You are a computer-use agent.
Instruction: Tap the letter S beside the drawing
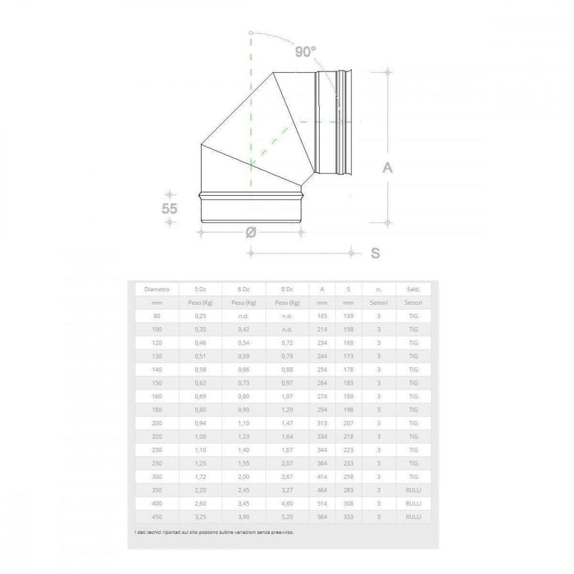point(375,253)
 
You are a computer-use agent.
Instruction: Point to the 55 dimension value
point(169,209)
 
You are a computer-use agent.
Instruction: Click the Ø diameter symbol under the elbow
point(252,232)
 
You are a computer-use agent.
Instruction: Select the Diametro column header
point(157,289)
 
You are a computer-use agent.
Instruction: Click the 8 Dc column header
point(287,289)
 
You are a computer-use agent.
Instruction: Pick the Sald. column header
point(413,289)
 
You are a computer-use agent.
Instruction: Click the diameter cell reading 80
point(157,315)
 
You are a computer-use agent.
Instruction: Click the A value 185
point(323,315)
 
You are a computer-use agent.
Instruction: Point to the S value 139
point(350,315)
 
